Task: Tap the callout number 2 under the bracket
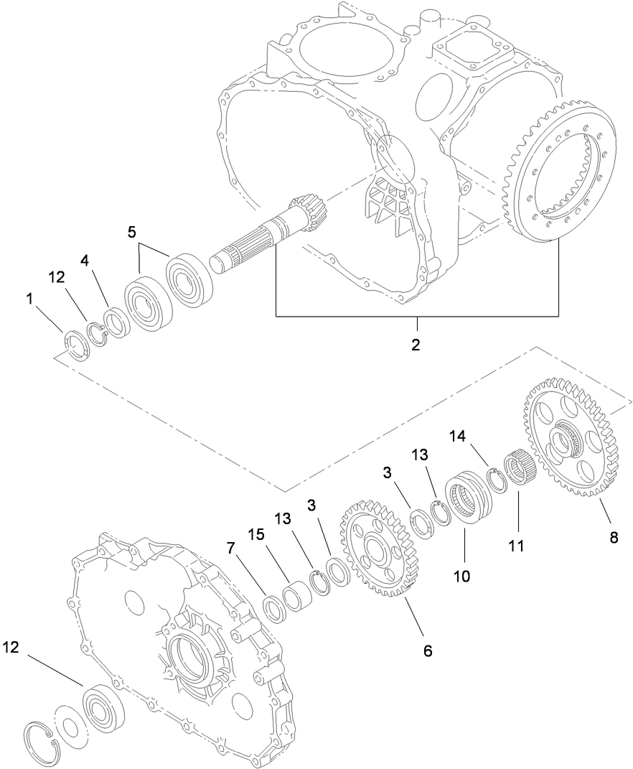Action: click(416, 345)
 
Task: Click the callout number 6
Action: click(427, 651)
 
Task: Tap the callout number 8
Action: click(613, 537)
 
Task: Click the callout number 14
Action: click(459, 435)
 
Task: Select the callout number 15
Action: click(256, 536)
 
